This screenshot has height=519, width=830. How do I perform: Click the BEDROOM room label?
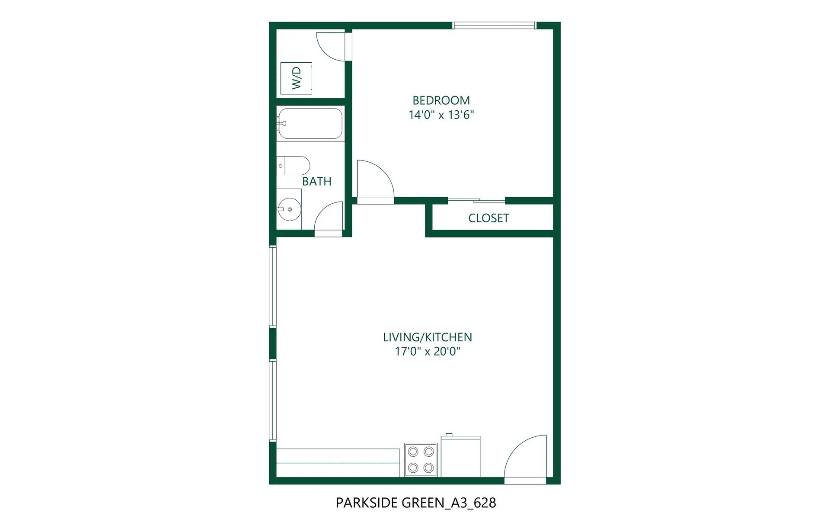pos(441,100)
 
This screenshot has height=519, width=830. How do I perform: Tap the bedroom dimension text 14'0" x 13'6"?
pos(441,115)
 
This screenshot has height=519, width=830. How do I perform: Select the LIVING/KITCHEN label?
pos(427,337)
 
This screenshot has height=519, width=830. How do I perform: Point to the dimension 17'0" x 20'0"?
pos(427,351)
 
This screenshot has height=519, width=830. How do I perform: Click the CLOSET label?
pos(488,218)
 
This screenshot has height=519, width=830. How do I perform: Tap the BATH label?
pos(316,181)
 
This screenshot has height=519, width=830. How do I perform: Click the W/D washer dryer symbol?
pos(296,78)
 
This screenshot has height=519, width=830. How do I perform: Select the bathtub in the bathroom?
pos(310,123)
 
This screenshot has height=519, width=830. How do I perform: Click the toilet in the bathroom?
pos(294,166)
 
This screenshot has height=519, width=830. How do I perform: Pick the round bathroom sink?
pos(289,209)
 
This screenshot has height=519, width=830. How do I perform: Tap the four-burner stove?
pos(421,460)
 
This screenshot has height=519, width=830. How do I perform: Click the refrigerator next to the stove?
pos(460,456)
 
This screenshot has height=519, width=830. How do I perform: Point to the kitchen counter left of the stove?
pos(338,462)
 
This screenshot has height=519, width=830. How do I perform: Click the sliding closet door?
pos(476,200)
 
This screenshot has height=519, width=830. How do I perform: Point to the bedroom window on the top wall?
pos(494,26)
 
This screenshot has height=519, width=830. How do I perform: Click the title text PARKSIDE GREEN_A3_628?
pos(415,503)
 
